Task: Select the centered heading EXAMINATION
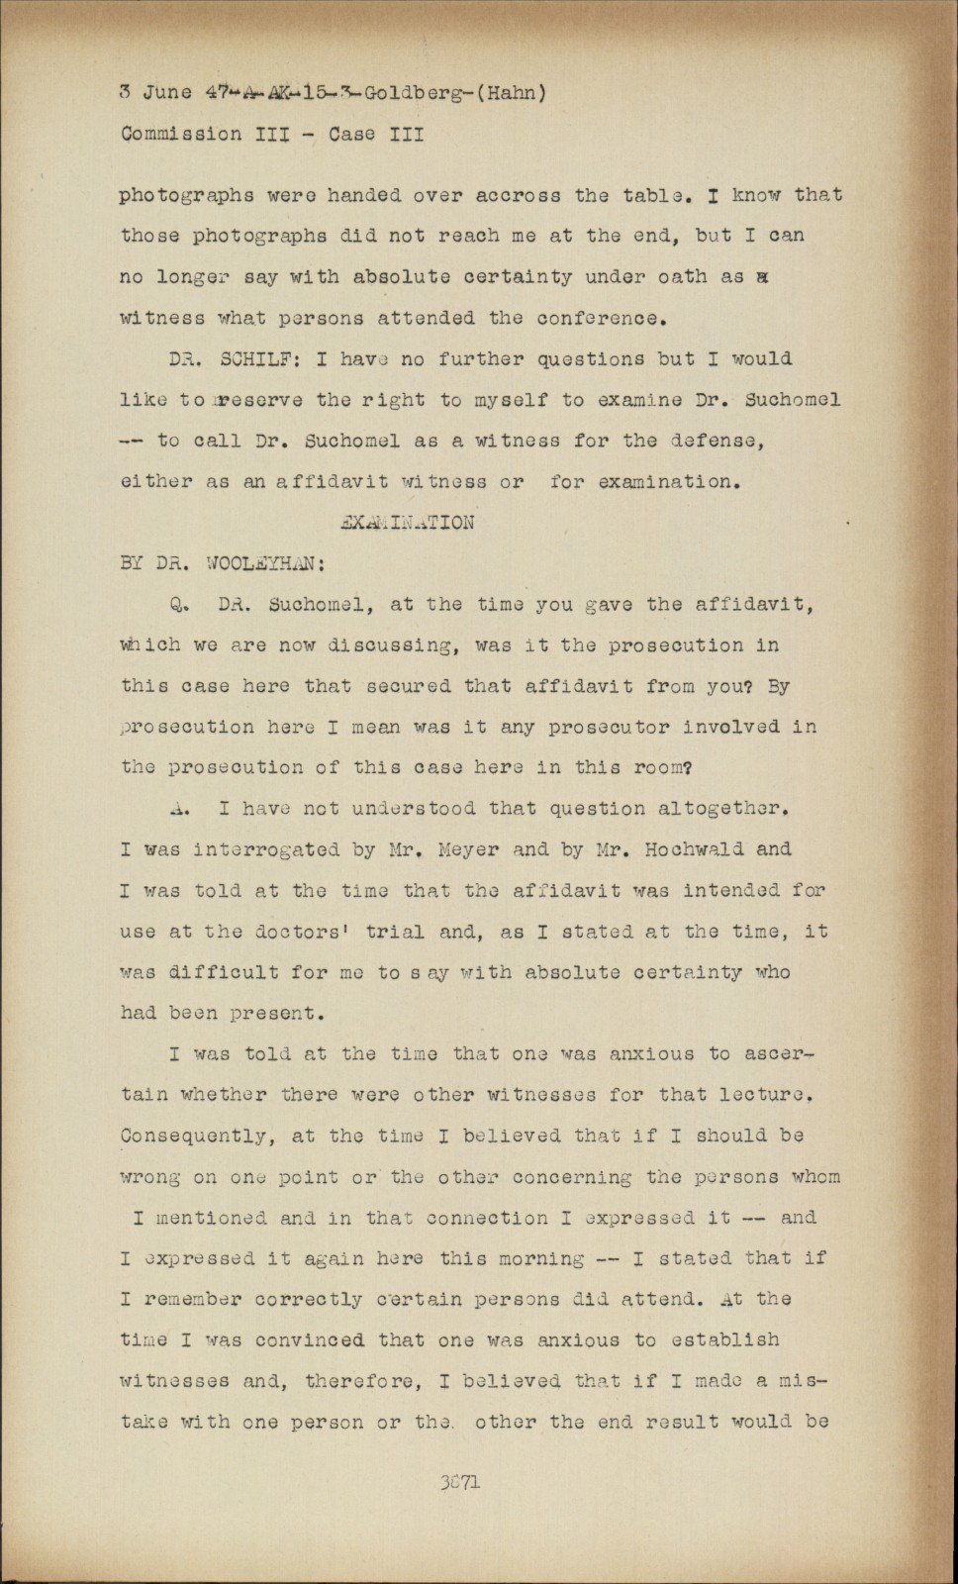coord(406,523)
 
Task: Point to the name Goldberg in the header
coord(407,94)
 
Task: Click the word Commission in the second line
coord(181,134)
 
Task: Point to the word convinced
coord(309,1340)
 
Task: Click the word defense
coord(715,442)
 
